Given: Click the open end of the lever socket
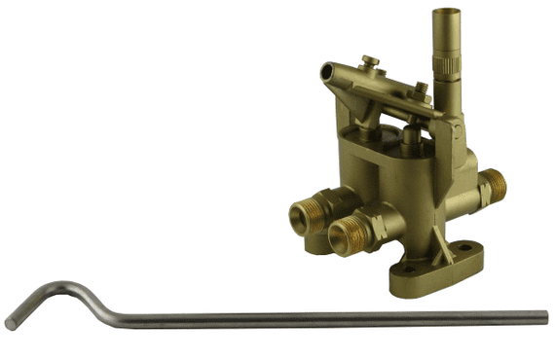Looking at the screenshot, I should click(x=327, y=72).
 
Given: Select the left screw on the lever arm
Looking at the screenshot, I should click(x=370, y=63).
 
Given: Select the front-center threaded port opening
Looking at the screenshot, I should click(x=342, y=235).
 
